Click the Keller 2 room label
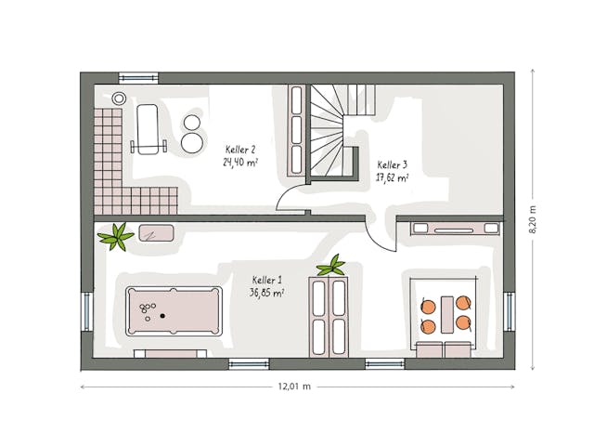coord(239,149)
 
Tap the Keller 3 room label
coord(392,164)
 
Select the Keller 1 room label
coord(266,280)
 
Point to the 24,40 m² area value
coord(239,161)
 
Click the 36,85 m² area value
coord(266,292)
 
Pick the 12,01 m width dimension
coord(293,386)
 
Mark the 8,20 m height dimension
coord(533,221)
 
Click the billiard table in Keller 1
coord(174,310)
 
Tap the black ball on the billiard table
coord(163,316)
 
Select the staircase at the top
coord(334,130)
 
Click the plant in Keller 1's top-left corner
coord(116,237)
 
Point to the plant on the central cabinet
coord(330,267)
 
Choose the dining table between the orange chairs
coord(446,313)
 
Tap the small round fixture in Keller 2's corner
coord(118,98)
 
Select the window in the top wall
coord(138,78)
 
